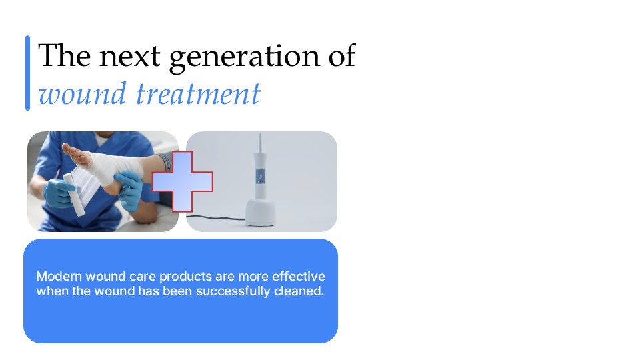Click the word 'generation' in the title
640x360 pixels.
click(x=245, y=57)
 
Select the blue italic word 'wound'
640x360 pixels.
click(x=82, y=93)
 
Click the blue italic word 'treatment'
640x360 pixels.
click(x=198, y=93)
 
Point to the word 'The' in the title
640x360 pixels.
click(x=64, y=55)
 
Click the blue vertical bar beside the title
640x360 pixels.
click(x=28, y=73)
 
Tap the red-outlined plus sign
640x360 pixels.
click(x=183, y=181)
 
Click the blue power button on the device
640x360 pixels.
click(x=260, y=177)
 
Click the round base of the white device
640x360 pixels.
click(x=261, y=213)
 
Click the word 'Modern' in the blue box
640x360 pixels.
click(x=59, y=276)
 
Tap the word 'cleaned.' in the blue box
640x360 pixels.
click(x=299, y=291)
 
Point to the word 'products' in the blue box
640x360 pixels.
click(x=186, y=277)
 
